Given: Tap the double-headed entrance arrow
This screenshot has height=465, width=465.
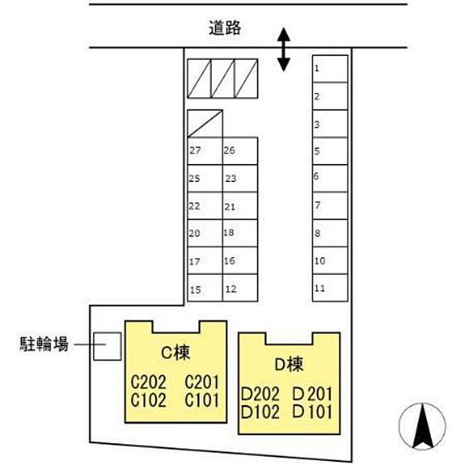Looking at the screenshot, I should point(284,48).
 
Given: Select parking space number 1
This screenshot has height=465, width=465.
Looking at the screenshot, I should point(330,69).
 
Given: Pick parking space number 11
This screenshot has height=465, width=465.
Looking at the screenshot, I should point(330,288).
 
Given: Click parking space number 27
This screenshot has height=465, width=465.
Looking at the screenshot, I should point(204,151).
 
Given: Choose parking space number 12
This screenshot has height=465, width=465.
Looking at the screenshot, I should point(239,288).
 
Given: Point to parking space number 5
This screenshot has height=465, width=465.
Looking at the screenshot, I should point(330,151).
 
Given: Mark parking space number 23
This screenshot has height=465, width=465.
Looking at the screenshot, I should point(239,179).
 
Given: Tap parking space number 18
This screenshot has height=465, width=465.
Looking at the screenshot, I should point(239,233).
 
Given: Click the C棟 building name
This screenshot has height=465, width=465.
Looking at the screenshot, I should point(177,353).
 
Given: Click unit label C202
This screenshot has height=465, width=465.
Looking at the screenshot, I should point(148,383).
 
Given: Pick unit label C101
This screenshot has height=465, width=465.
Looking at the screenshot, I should point(201,400).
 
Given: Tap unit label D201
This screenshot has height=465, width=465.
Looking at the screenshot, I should point(312,393).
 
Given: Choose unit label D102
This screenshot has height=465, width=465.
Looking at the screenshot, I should point(260,411).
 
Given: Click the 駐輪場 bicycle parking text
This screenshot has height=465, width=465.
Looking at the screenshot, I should point(43,345).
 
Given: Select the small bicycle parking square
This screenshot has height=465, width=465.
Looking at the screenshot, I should point(107,346).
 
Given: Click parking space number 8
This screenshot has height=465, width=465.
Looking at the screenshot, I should point(330,233).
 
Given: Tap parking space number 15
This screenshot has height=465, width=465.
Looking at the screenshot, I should point(204,288).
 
